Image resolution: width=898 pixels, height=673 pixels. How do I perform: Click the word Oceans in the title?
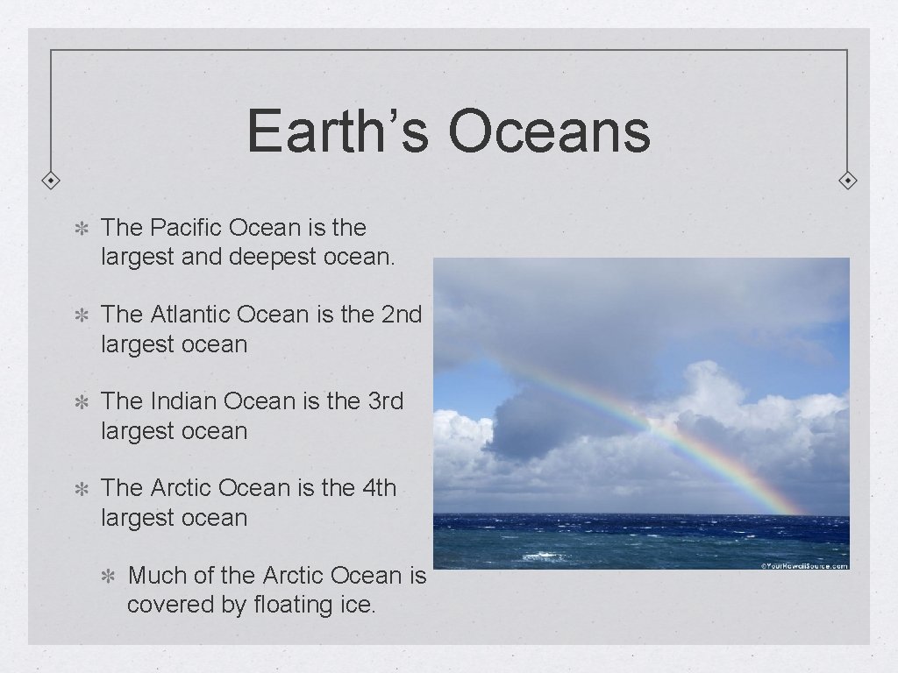549,131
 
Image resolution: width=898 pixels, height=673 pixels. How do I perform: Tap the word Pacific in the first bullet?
186,228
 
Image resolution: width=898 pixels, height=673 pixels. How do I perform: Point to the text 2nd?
403,314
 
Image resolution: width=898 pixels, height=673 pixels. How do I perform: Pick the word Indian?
184,400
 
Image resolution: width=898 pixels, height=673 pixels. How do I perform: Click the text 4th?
379,487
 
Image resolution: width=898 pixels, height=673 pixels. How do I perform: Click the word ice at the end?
360,605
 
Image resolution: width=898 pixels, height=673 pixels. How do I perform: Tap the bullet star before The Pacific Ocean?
79,229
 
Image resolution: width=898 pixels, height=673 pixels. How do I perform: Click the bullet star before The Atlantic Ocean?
79,315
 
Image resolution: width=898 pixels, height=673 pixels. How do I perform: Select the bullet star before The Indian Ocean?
79,401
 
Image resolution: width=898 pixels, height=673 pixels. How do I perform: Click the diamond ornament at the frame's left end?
51,181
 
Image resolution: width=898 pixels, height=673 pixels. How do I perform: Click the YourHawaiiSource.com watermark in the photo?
804,565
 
